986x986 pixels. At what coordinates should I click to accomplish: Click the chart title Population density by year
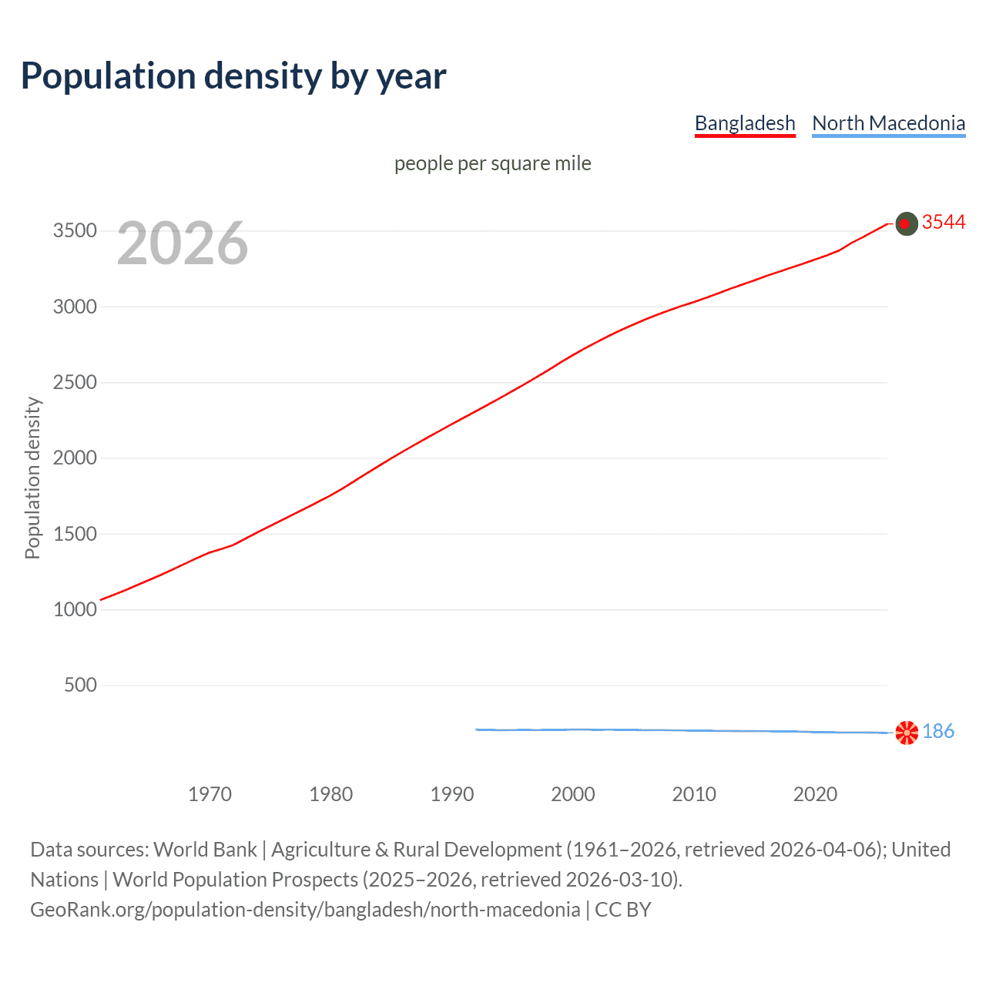click(233, 76)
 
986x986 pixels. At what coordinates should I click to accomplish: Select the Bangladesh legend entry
click(744, 123)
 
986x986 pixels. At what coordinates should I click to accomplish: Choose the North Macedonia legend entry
click(888, 123)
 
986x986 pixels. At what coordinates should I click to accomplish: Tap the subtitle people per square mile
click(492, 163)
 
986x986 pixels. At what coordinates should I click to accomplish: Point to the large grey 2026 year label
click(183, 243)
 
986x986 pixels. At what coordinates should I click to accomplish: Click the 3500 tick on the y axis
click(75, 231)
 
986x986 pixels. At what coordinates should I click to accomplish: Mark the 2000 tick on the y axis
click(75, 458)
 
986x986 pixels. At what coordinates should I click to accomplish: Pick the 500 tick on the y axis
click(80, 685)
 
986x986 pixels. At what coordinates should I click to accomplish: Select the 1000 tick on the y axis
click(75, 609)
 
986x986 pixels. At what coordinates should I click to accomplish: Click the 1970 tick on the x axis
click(210, 794)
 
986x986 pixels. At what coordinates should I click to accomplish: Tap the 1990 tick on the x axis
click(452, 794)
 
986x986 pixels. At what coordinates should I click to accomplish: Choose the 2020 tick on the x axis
click(815, 794)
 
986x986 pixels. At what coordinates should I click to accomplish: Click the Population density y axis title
click(32, 478)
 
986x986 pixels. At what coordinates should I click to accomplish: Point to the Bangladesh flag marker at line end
click(907, 223)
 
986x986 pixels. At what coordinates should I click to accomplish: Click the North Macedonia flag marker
click(907, 732)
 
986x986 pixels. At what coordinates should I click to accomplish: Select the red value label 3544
click(943, 223)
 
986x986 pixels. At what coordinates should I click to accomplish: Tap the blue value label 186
click(937, 731)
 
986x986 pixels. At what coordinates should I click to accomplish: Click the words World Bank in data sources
click(205, 850)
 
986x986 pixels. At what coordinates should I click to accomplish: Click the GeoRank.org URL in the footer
click(305, 910)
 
